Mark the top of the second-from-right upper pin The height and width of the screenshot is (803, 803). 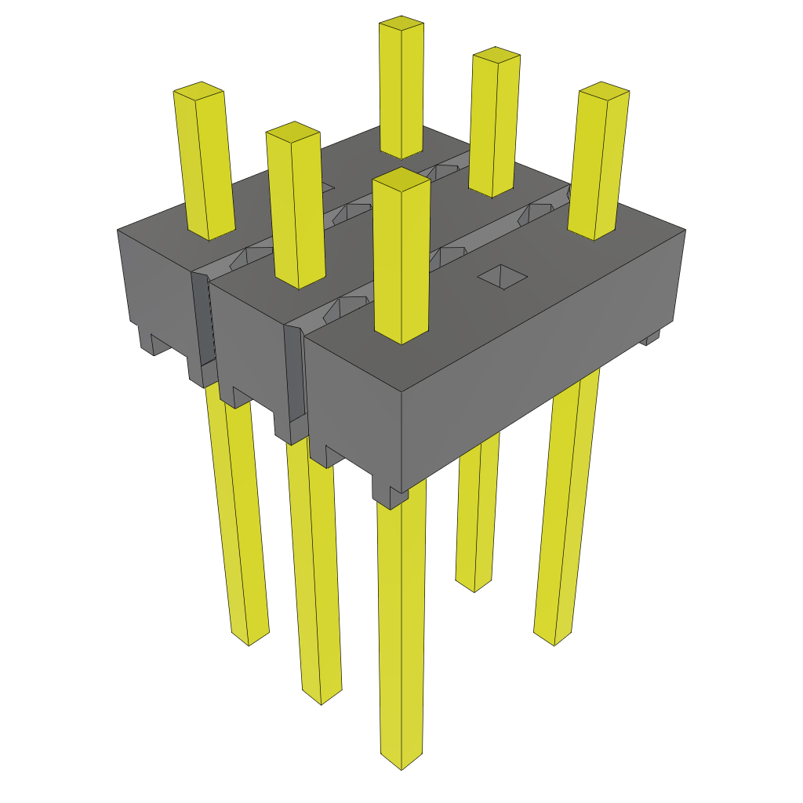496,56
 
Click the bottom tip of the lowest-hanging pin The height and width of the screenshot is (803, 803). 401,762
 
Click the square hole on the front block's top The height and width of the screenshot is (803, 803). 503,276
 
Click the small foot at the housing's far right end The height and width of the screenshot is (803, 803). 650,338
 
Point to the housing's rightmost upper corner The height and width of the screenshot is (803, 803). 685,230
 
